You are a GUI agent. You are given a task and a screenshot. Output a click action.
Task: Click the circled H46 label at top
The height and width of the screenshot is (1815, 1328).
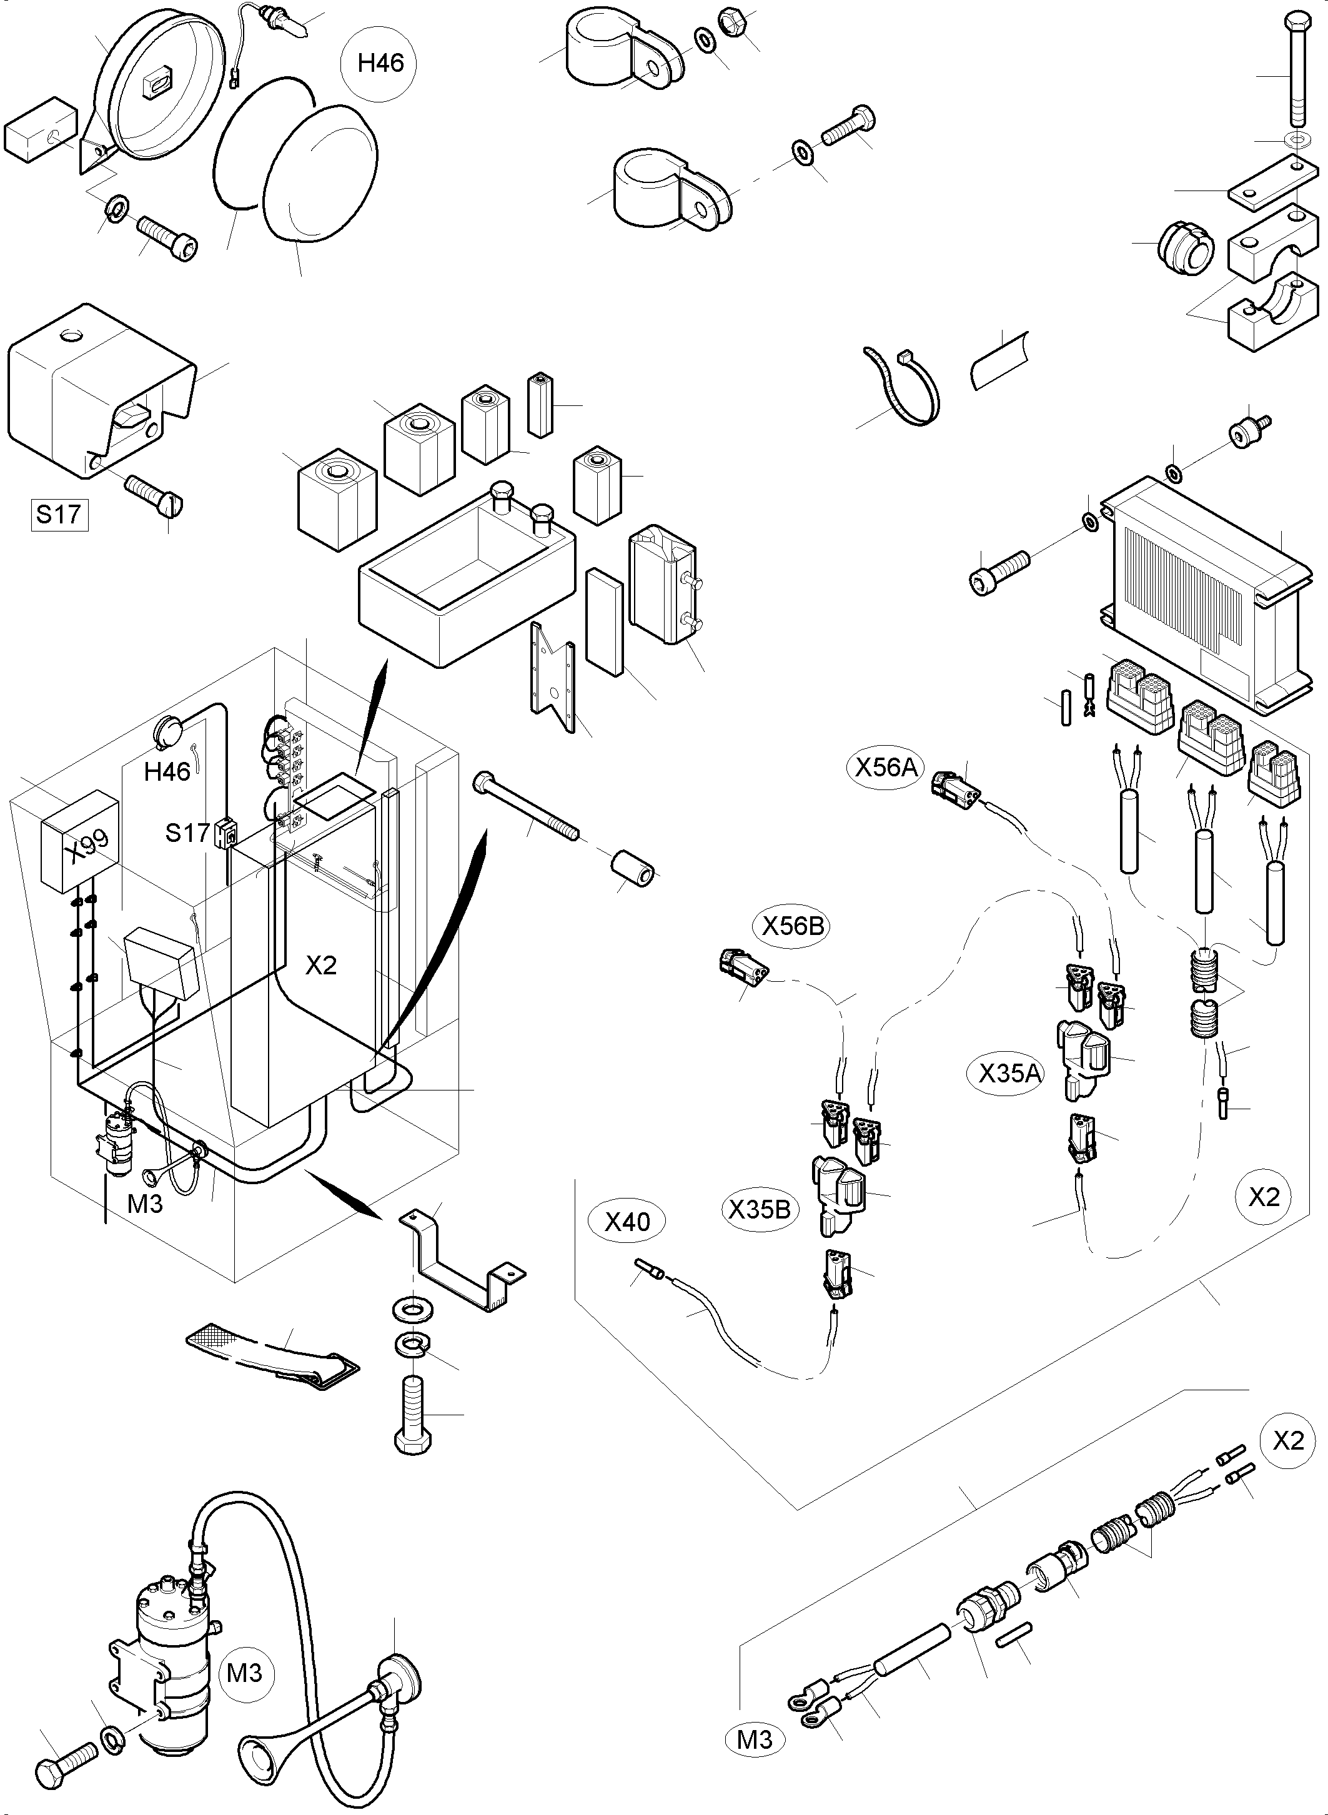point(380,62)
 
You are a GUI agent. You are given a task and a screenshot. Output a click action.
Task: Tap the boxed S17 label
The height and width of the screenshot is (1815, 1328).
point(59,513)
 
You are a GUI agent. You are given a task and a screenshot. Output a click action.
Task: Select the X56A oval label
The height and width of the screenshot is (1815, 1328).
point(886,767)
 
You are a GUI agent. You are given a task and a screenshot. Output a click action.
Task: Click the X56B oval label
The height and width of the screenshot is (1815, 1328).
point(793,926)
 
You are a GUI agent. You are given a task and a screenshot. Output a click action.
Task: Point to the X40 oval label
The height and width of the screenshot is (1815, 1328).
point(627,1222)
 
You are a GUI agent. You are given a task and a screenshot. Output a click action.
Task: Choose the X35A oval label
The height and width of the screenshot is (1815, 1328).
point(1009,1072)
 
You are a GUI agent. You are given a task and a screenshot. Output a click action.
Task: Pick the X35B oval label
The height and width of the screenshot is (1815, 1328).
point(759,1209)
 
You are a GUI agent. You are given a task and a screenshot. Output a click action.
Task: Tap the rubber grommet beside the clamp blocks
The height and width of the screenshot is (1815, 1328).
point(1183,247)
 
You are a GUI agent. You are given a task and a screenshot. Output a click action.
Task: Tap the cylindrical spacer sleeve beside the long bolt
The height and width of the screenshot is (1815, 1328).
point(633,871)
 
